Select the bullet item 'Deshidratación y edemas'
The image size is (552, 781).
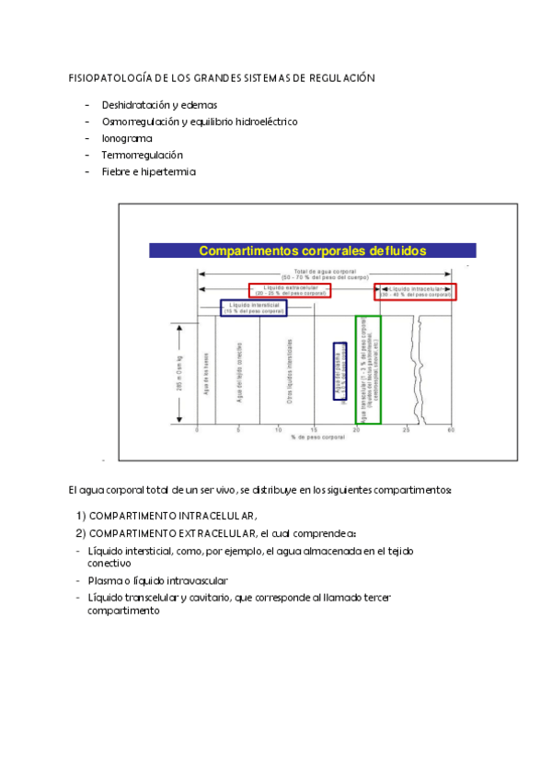point(159,105)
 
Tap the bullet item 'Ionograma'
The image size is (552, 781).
point(127,138)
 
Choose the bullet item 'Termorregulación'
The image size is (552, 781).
point(143,155)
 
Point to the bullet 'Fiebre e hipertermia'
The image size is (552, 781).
point(149,171)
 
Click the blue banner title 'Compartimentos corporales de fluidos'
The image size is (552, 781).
point(313,251)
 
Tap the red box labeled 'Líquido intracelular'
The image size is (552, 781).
point(415,292)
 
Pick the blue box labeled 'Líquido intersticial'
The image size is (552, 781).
point(254,309)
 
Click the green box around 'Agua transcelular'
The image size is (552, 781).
point(368,368)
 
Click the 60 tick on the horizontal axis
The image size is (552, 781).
point(451,430)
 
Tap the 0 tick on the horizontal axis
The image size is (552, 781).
point(197,430)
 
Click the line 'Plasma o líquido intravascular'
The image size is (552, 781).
point(157,580)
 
